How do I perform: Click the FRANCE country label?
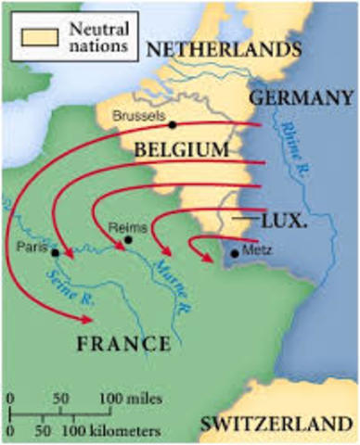(x=123, y=344)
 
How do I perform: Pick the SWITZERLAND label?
(x=278, y=423)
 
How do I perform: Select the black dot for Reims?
(x=129, y=239)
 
